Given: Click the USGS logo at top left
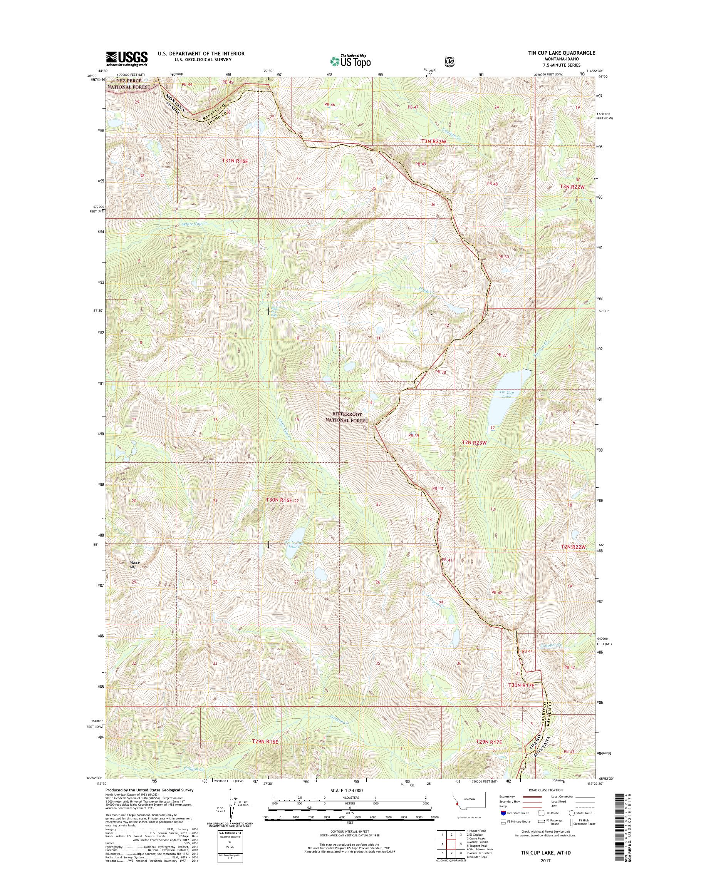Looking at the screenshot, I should coord(127,59).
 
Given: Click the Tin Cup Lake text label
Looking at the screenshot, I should coord(506,394).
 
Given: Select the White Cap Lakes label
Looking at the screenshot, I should coord(294,544).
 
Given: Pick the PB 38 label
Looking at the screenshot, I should coord(440,373).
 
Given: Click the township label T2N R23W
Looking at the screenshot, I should coord(474,443).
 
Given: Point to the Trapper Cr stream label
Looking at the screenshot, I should coord(550,645).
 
